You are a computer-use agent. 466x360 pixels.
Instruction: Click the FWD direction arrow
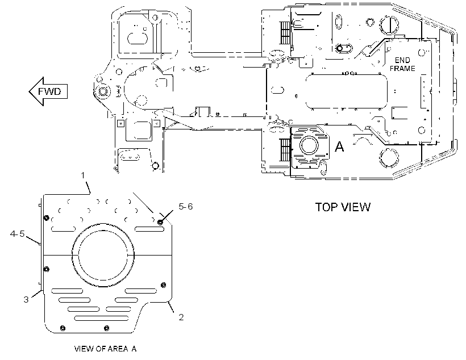48,91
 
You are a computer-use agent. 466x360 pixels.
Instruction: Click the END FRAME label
402,65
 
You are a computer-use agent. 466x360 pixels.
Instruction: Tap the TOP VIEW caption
343,207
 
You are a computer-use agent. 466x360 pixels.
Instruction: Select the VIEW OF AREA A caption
105,349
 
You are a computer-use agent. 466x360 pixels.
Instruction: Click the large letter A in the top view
339,146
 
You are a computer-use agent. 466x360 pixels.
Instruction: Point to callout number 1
83,175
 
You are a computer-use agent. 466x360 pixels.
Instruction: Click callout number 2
181,317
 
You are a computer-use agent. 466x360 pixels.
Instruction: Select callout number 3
26,299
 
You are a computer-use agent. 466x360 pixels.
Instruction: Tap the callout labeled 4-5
17,234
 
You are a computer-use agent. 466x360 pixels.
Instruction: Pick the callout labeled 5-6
186,207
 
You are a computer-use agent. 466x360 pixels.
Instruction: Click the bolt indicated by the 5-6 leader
160,222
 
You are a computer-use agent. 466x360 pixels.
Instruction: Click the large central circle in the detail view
103,255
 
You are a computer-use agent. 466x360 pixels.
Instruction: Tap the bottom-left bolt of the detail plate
63,328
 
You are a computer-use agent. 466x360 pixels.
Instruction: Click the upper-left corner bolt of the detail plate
46,218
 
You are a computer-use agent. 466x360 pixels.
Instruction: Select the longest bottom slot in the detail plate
101,318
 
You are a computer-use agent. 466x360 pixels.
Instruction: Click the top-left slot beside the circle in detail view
63,229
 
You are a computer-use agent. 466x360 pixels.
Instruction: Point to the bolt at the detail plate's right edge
163,285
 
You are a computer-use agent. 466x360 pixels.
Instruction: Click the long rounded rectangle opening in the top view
347,92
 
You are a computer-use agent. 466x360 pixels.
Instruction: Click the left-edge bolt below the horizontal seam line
46,269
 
